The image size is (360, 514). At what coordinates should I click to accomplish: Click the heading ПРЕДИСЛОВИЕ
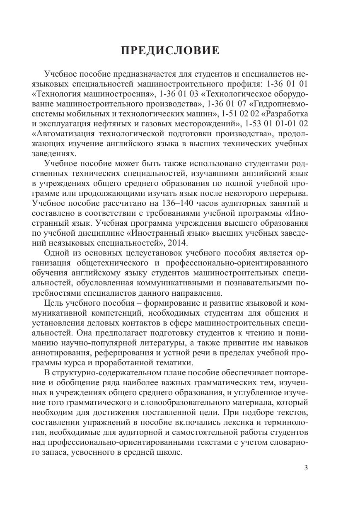point(169,51)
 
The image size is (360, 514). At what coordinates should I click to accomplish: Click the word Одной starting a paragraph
point(56,253)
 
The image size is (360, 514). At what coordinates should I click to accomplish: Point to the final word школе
point(170,453)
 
